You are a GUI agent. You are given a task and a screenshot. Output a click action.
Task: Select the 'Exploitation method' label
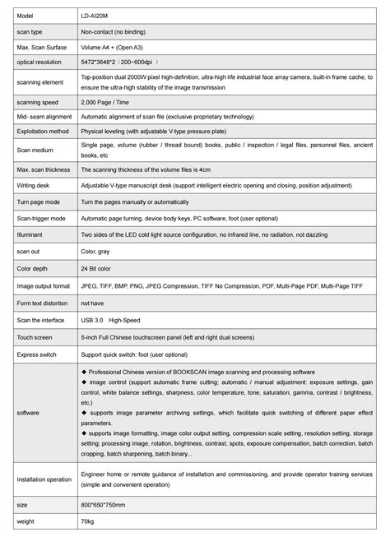click(x=42, y=130)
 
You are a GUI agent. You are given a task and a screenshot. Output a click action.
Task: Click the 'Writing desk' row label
click(x=34, y=185)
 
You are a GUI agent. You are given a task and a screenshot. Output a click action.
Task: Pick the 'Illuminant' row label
click(x=30, y=234)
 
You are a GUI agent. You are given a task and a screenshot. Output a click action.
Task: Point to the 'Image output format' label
click(x=42, y=285)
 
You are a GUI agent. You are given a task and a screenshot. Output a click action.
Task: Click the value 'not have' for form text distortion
click(x=92, y=303)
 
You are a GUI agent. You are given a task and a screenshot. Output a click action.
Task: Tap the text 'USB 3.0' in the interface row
click(x=92, y=320)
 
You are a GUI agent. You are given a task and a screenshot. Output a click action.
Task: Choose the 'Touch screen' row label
click(x=34, y=337)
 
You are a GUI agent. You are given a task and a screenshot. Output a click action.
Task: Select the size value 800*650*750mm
click(x=103, y=504)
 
